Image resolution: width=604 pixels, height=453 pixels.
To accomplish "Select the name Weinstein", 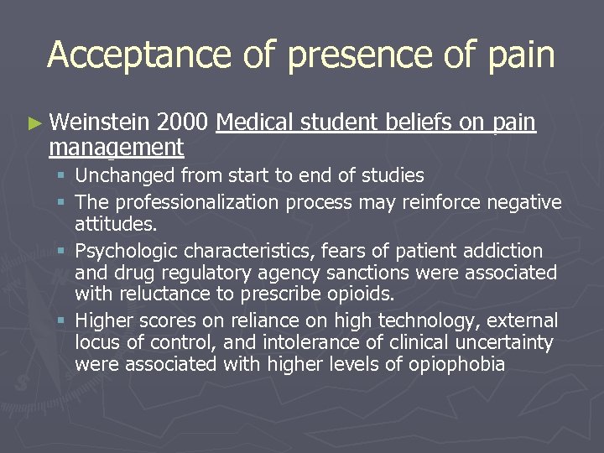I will tap(100, 123).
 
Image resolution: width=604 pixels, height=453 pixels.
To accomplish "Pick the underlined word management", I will tap(116, 148).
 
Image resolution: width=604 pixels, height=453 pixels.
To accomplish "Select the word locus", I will tap(96, 342).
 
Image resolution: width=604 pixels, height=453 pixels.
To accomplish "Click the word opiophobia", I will tap(456, 364).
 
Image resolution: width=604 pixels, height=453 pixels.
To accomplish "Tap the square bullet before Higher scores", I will tap(63, 320).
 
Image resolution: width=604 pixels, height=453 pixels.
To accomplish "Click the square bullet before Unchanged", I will tap(63, 176).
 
